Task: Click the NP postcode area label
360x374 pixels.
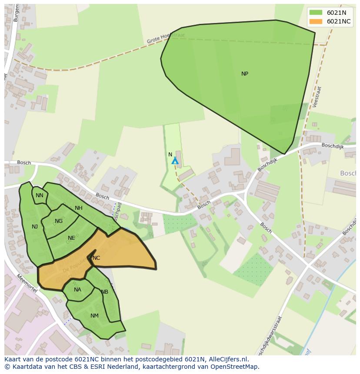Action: (245, 74)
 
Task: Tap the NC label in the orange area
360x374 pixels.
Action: (96, 258)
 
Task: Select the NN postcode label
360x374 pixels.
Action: (40, 195)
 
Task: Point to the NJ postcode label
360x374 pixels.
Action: (35, 227)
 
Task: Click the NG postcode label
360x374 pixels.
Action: (59, 221)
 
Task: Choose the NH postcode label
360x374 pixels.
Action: (79, 208)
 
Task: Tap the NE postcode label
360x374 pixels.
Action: (71, 238)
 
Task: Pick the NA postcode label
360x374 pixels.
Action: (77, 290)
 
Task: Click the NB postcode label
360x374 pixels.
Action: (105, 292)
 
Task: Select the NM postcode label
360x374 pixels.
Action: (94, 316)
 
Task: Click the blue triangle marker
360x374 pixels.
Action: (175, 161)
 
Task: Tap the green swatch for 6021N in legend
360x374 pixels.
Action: (316, 13)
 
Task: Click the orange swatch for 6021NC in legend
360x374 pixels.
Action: (316, 21)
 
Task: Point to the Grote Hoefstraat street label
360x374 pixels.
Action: (166, 39)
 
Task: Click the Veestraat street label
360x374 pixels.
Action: (317, 96)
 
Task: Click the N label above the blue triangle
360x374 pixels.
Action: (170, 155)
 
